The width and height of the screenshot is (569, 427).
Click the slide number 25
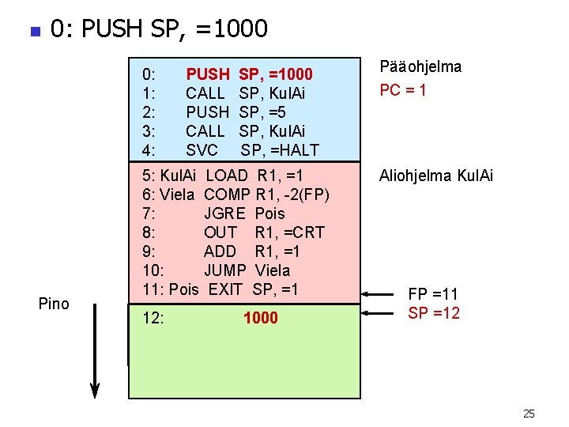tap(529, 414)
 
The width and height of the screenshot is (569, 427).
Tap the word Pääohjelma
tap(420, 67)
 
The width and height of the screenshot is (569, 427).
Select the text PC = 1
tap(403, 90)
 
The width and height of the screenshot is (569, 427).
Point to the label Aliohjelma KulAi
tap(436, 176)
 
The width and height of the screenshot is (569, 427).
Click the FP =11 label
tap(433, 295)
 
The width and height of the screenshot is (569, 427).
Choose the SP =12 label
tap(433, 313)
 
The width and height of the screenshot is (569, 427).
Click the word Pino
tap(54, 304)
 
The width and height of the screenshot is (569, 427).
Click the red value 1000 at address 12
tap(260, 318)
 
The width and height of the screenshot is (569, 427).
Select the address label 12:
tap(153, 318)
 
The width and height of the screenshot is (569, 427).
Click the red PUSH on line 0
tap(207, 74)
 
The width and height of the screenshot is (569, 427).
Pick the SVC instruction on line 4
tap(202, 150)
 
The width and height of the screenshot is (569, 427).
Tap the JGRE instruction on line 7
tap(224, 213)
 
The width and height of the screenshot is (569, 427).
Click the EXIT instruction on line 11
tap(224, 289)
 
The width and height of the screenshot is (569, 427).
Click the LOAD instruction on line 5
tap(227, 176)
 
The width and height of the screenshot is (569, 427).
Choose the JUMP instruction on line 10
tap(225, 270)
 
